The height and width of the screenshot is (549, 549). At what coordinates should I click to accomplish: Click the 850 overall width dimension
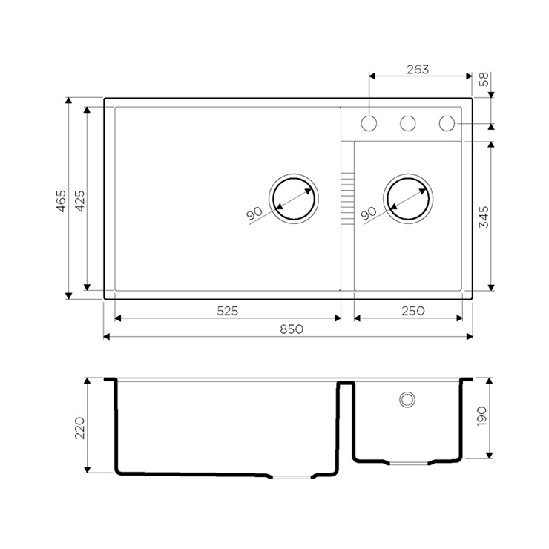[x=292, y=329]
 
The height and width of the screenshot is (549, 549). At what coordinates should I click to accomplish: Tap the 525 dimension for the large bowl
[x=228, y=311]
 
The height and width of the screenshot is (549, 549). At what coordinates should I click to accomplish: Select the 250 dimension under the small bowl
[x=413, y=311]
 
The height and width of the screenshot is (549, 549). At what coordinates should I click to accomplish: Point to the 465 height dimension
[x=62, y=200]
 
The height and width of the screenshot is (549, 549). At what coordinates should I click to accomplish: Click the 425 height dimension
[x=80, y=200]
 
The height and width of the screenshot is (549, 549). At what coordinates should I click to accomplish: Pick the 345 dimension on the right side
[x=484, y=217]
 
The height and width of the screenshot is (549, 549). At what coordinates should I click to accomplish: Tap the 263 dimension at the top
[x=418, y=69]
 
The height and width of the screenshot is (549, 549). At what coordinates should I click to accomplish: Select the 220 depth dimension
[x=80, y=428]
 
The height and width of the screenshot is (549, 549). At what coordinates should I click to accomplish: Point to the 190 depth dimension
[x=481, y=416]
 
